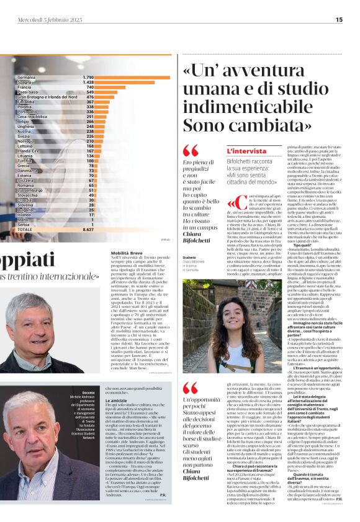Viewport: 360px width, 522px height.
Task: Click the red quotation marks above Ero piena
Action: (191, 150)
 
